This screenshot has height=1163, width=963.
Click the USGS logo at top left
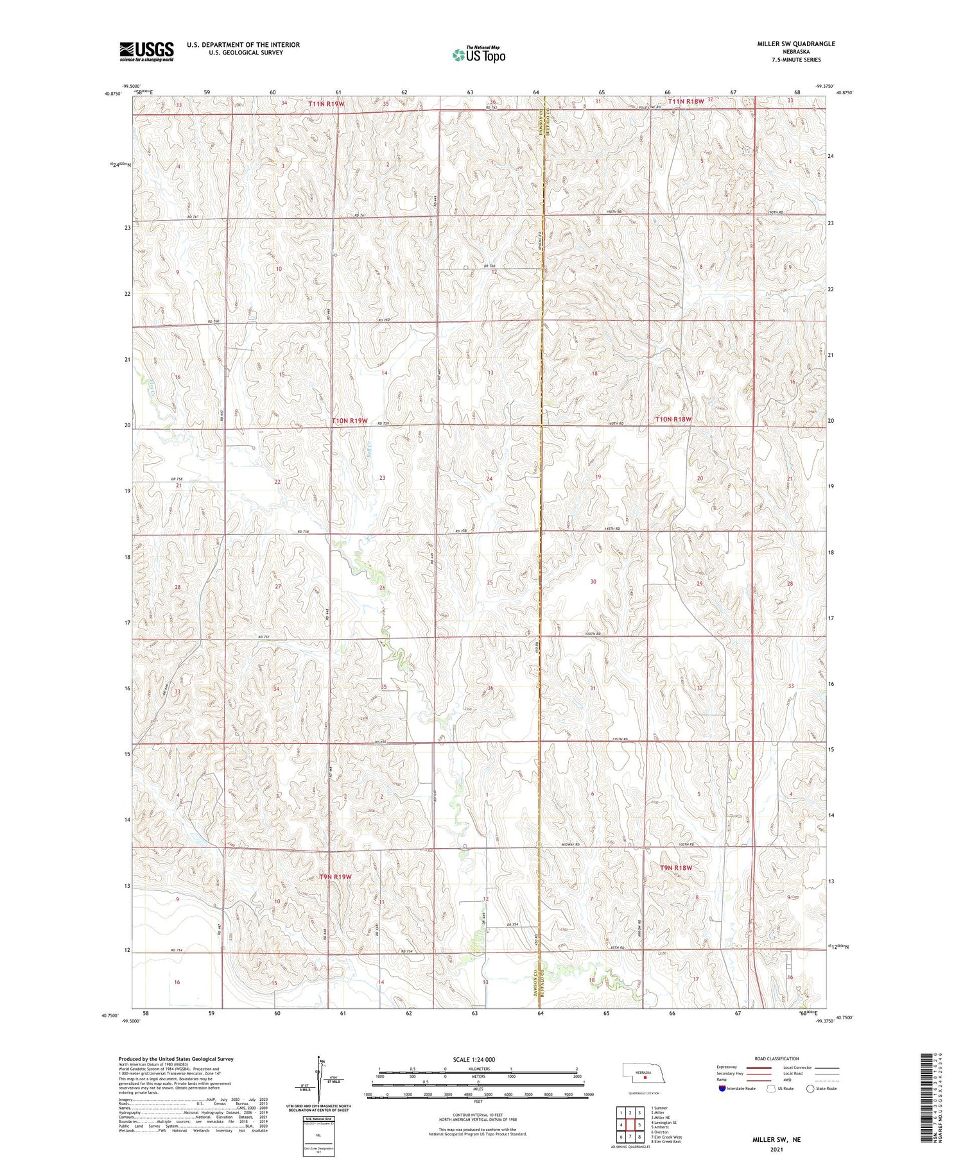click(x=146, y=51)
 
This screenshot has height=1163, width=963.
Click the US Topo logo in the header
click(x=478, y=55)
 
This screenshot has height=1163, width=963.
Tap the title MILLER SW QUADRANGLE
click(x=796, y=44)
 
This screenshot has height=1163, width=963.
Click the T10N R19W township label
click(x=350, y=421)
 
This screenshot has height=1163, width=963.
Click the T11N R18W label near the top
click(x=686, y=101)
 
